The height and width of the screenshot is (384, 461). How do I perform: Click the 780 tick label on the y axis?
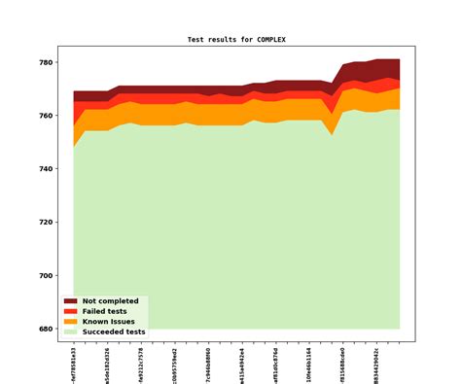tap(45, 63)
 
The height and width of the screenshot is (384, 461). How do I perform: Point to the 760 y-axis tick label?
tap(45, 117)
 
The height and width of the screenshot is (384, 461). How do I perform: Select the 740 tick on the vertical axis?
tap(45, 169)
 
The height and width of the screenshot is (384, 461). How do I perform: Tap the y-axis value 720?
tap(45, 223)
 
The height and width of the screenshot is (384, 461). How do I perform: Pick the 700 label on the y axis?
tap(45, 276)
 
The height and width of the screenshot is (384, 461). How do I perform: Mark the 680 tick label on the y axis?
tap(45, 329)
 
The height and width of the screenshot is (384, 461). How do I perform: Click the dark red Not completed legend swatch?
tap(70, 301)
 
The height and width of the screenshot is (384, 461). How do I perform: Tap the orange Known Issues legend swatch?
tap(70, 321)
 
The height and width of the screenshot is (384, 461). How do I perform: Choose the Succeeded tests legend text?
tap(114, 332)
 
